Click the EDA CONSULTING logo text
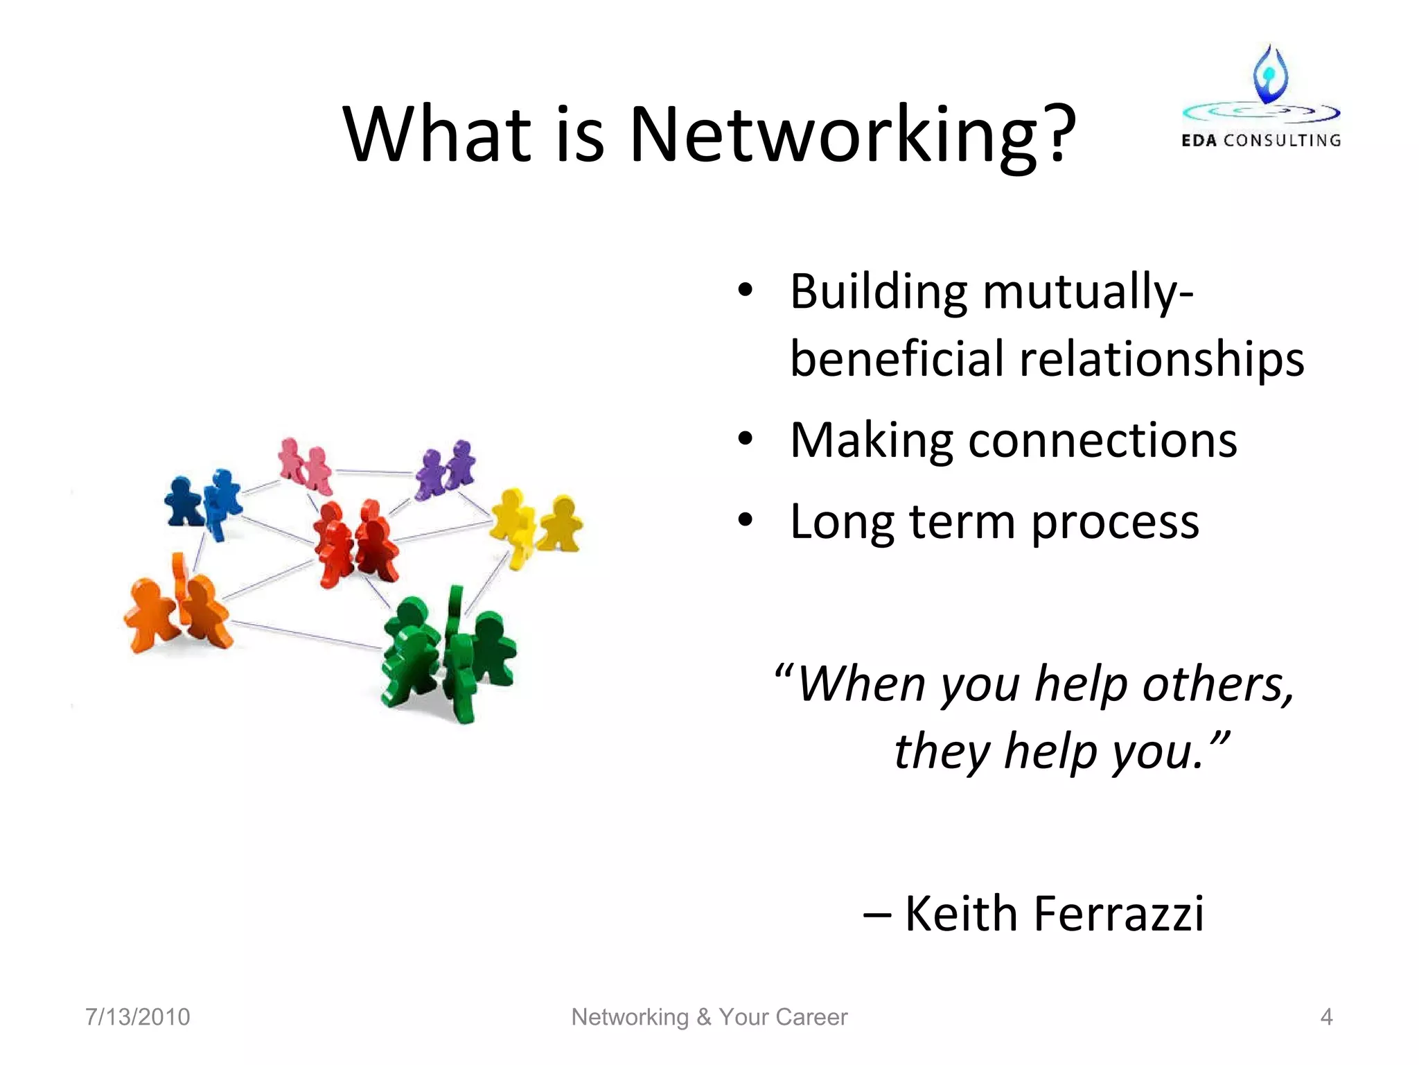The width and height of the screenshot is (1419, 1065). pos(1261,140)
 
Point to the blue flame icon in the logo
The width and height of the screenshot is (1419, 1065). pos(1270,75)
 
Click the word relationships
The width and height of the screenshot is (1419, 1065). pos(1161,359)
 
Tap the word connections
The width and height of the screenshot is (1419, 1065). pos(1102,440)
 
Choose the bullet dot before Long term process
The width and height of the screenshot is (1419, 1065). pos(745,520)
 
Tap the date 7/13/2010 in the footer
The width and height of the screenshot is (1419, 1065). pos(137,1016)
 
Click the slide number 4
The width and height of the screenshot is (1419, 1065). pos(1326,1016)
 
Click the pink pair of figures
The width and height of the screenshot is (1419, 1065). pos(305,465)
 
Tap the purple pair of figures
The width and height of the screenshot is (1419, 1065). pos(446,469)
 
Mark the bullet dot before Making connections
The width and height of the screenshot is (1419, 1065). pos(745,439)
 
